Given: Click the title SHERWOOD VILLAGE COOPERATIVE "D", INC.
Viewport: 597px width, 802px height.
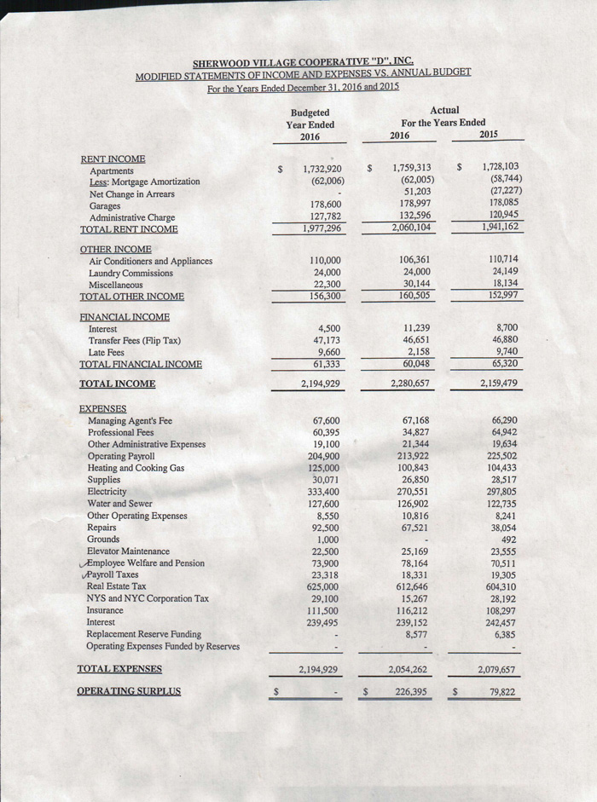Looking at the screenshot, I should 304,62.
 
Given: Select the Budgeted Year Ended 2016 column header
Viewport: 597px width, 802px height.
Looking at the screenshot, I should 310,124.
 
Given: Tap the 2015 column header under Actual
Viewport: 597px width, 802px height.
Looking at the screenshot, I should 489,135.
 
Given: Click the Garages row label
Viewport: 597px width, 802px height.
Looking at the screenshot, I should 105,206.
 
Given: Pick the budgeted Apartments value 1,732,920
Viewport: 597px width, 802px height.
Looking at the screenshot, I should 322,170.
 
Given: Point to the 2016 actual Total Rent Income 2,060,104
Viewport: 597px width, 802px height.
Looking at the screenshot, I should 413,228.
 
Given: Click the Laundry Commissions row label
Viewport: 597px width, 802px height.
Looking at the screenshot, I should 130,274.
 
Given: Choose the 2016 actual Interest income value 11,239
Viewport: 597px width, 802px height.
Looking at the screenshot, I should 416,328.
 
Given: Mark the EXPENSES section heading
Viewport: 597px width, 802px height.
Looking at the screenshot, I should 102,409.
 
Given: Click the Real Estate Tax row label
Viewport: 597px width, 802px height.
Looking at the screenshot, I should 117,586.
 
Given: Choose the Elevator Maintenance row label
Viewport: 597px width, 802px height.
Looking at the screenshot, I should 128,551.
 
